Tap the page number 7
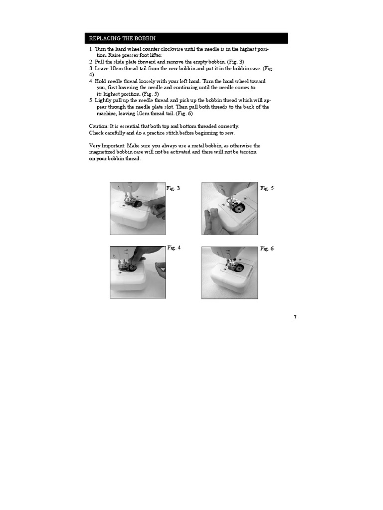point(295,317)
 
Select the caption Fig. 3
point(173,188)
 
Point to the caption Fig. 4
point(174,248)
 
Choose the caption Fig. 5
point(267,188)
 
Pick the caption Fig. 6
point(267,249)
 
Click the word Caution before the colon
point(98,127)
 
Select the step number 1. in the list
point(91,49)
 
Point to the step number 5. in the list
point(91,100)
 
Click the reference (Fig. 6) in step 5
point(183,113)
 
